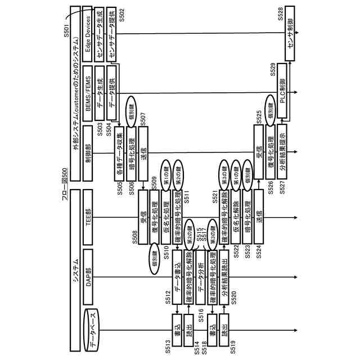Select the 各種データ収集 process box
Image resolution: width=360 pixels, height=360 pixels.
click(x=119, y=149)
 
